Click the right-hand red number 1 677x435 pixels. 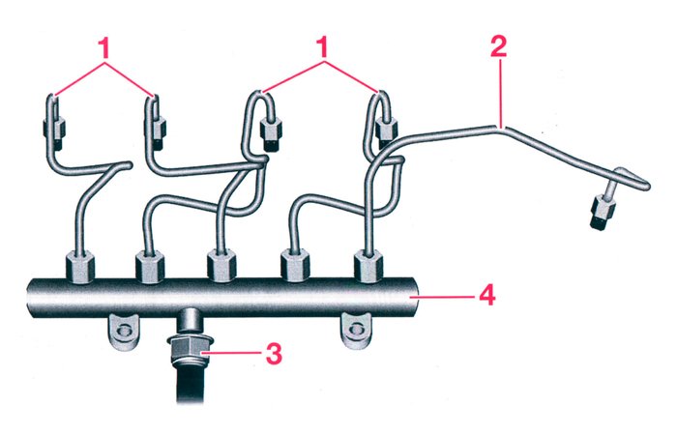pyautogui.click(x=325, y=46)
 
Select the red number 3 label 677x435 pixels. pyautogui.click(x=274, y=354)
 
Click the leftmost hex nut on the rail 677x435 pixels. pyautogui.click(x=78, y=264)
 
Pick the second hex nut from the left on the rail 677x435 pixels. pyautogui.click(x=149, y=264)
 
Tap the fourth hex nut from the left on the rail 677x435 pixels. pyautogui.click(x=295, y=264)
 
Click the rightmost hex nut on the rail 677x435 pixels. pyautogui.click(x=368, y=264)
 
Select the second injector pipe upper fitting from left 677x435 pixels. pyautogui.click(x=158, y=124)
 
